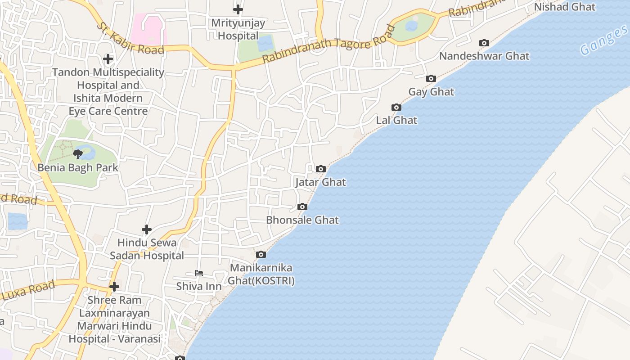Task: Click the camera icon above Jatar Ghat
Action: click(x=321, y=169)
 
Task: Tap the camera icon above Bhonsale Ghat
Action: click(x=302, y=207)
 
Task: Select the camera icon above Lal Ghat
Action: click(x=396, y=107)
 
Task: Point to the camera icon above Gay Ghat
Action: click(x=431, y=79)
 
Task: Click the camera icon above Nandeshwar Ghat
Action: click(x=484, y=43)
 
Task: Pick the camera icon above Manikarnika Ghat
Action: click(x=261, y=255)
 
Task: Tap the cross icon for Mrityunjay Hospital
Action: click(x=238, y=9)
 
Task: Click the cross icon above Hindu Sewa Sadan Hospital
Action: click(x=147, y=229)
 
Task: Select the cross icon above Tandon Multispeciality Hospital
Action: click(x=108, y=59)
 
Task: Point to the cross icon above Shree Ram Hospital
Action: click(x=114, y=287)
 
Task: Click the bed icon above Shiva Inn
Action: click(x=199, y=273)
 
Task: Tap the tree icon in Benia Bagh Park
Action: click(x=78, y=154)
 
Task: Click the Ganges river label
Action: click(x=603, y=40)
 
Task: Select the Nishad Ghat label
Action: click(x=564, y=7)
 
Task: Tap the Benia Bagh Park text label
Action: click(x=78, y=167)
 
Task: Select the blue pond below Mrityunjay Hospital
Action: click(x=265, y=43)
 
